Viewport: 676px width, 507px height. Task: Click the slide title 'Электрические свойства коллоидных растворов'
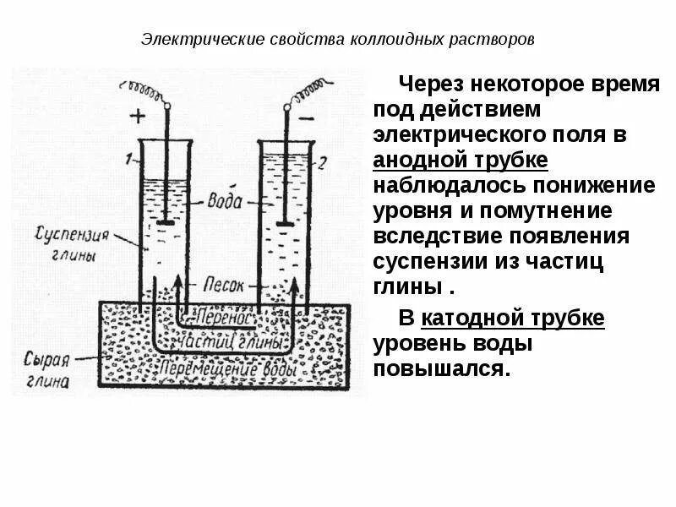(x=337, y=40)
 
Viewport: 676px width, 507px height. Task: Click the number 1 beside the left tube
(x=126, y=158)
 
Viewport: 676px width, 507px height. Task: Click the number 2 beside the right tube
(x=320, y=162)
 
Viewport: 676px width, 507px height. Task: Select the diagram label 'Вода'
(x=226, y=202)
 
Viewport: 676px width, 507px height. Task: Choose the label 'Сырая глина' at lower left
(x=46, y=368)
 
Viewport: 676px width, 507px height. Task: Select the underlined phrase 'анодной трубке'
(x=461, y=160)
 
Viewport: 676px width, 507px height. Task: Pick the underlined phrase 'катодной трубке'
(x=513, y=319)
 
